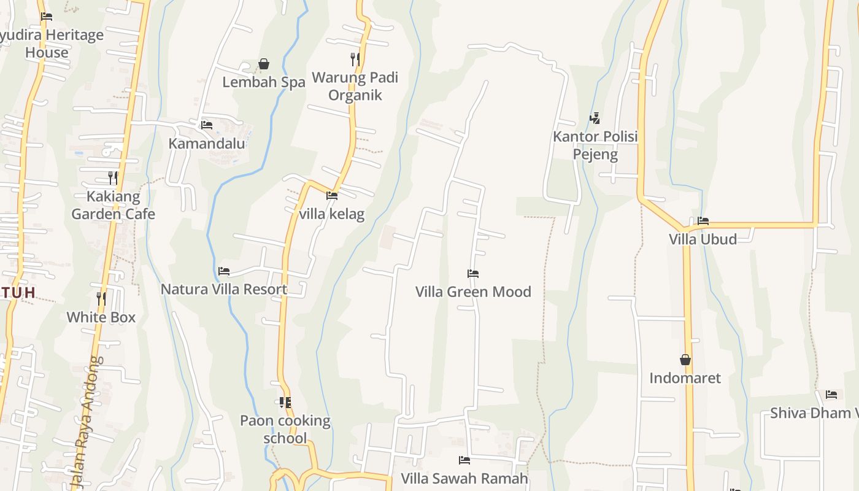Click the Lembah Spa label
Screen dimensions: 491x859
(263, 82)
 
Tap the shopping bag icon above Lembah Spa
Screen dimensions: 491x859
(264, 64)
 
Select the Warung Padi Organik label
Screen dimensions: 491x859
(355, 87)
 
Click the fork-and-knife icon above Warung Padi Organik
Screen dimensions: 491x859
(355, 59)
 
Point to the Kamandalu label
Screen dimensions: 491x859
(207, 144)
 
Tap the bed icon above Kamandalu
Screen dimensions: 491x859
(207, 125)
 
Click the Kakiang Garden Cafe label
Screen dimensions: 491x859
(113, 206)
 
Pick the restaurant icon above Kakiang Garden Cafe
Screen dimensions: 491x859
(113, 178)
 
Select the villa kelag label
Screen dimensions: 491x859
(331, 214)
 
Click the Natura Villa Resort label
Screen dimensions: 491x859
(224, 289)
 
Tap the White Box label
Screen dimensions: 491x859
(101, 317)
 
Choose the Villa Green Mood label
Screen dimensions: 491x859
(473, 292)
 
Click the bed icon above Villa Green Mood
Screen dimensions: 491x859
(472, 274)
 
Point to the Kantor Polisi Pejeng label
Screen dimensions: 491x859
(595, 145)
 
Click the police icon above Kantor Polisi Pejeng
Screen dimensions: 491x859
(595, 118)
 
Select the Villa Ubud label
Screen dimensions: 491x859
(703, 239)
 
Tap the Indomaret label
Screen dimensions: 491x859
(685, 378)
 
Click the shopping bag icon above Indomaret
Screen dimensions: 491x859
(685, 360)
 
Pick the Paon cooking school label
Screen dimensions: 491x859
(285, 430)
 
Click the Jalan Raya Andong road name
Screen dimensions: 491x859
(85, 423)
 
